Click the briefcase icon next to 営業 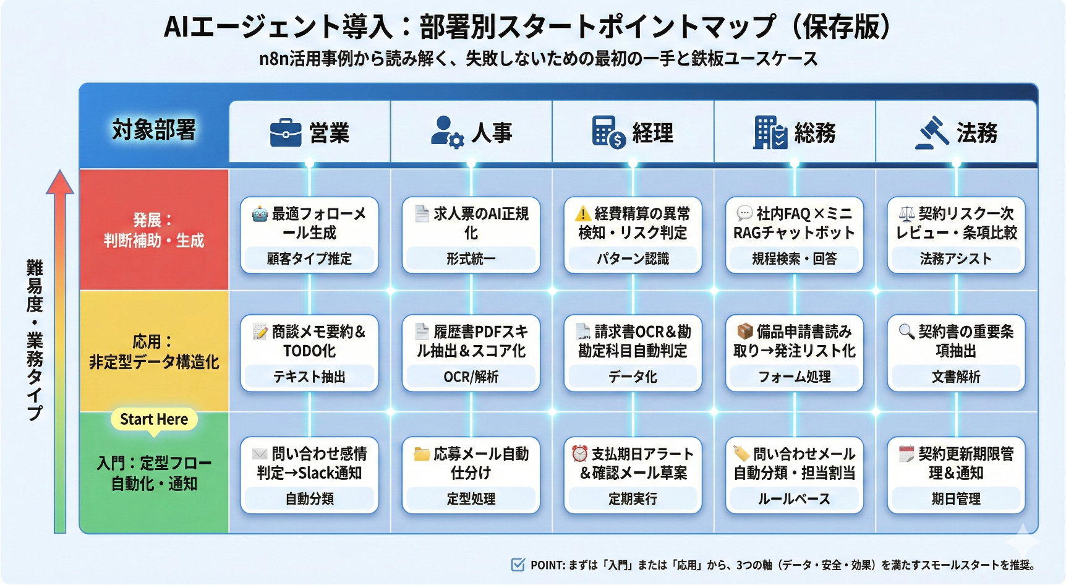coord(286,132)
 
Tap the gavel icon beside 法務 coord(932,132)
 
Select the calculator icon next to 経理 coord(608,132)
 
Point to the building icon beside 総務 coord(770,132)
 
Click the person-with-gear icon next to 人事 coord(447,132)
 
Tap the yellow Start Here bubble coord(154,419)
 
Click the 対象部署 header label coord(154,130)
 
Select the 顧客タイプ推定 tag coord(309,258)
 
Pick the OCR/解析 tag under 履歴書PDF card coord(471,377)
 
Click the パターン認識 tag coord(633,258)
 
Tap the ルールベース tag coord(795,499)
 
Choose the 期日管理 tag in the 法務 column coord(956,499)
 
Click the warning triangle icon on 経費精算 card coord(582,214)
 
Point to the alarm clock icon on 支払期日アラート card coord(579,454)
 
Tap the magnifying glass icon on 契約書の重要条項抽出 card coord(906,331)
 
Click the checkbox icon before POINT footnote coord(518,565)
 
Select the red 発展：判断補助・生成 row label coord(154,230)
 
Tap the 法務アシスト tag coord(956,258)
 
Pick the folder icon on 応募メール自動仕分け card coord(422,455)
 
